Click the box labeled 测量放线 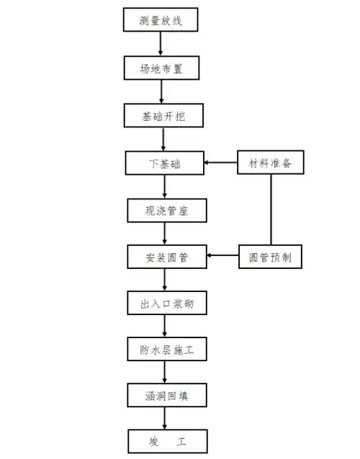(160, 20)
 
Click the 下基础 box (164, 163)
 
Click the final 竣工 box (167, 440)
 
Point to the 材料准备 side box (271, 163)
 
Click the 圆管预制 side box (271, 256)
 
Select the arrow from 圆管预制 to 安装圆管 (222, 256)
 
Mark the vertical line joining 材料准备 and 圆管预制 (271, 209)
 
